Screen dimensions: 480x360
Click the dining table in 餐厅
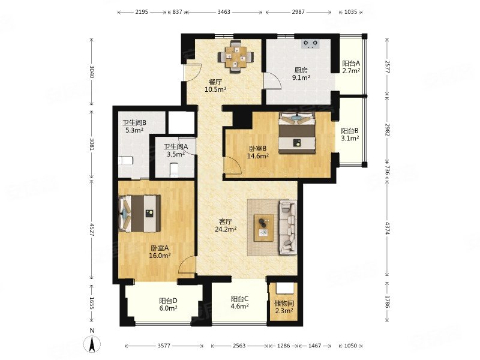(235, 56)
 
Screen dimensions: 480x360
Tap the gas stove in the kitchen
(310, 44)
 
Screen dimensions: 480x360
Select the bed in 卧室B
(296, 133)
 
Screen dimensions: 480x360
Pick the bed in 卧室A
(140, 214)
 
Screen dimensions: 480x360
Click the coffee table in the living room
(264, 228)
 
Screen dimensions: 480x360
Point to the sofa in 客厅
(288, 227)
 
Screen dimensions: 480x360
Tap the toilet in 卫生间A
(174, 170)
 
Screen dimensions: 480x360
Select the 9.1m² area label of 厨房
(301, 78)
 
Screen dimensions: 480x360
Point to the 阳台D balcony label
(168, 301)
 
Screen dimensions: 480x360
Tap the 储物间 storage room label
(284, 304)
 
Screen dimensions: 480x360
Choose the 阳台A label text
(351, 64)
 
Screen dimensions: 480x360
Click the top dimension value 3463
(224, 12)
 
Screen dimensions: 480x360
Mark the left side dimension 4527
(92, 229)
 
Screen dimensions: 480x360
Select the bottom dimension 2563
(239, 346)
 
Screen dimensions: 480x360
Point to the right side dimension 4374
(387, 229)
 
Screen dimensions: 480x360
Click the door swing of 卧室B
(233, 166)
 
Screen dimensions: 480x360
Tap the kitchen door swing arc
(273, 81)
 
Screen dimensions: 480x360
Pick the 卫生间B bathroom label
(134, 123)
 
